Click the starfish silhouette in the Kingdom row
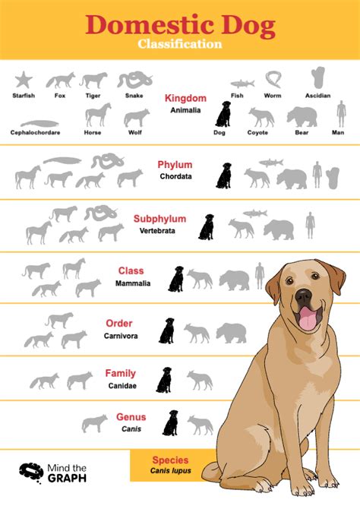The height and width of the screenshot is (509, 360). pyautogui.click(x=24, y=80)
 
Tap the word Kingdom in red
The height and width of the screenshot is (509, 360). pyautogui.click(x=185, y=98)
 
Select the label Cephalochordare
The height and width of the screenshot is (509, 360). pyautogui.click(x=36, y=132)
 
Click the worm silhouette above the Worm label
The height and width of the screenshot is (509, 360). pyautogui.click(x=273, y=79)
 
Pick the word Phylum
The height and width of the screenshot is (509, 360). pyautogui.click(x=175, y=165)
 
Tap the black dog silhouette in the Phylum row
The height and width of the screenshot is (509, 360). pyautogui.click(x=223, y=175)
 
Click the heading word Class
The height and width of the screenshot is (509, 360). pyautogui.click(x=131, y=270)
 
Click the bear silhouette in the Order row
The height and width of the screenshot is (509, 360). pyautogui.click(x=231, y=332)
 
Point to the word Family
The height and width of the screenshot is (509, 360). pyautogui.click(x=121, y=373)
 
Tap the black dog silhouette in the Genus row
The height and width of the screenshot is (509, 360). pyautogui.click(x=171, y=423)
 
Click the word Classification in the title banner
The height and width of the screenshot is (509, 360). pyautogui.click(x=180, y=44)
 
